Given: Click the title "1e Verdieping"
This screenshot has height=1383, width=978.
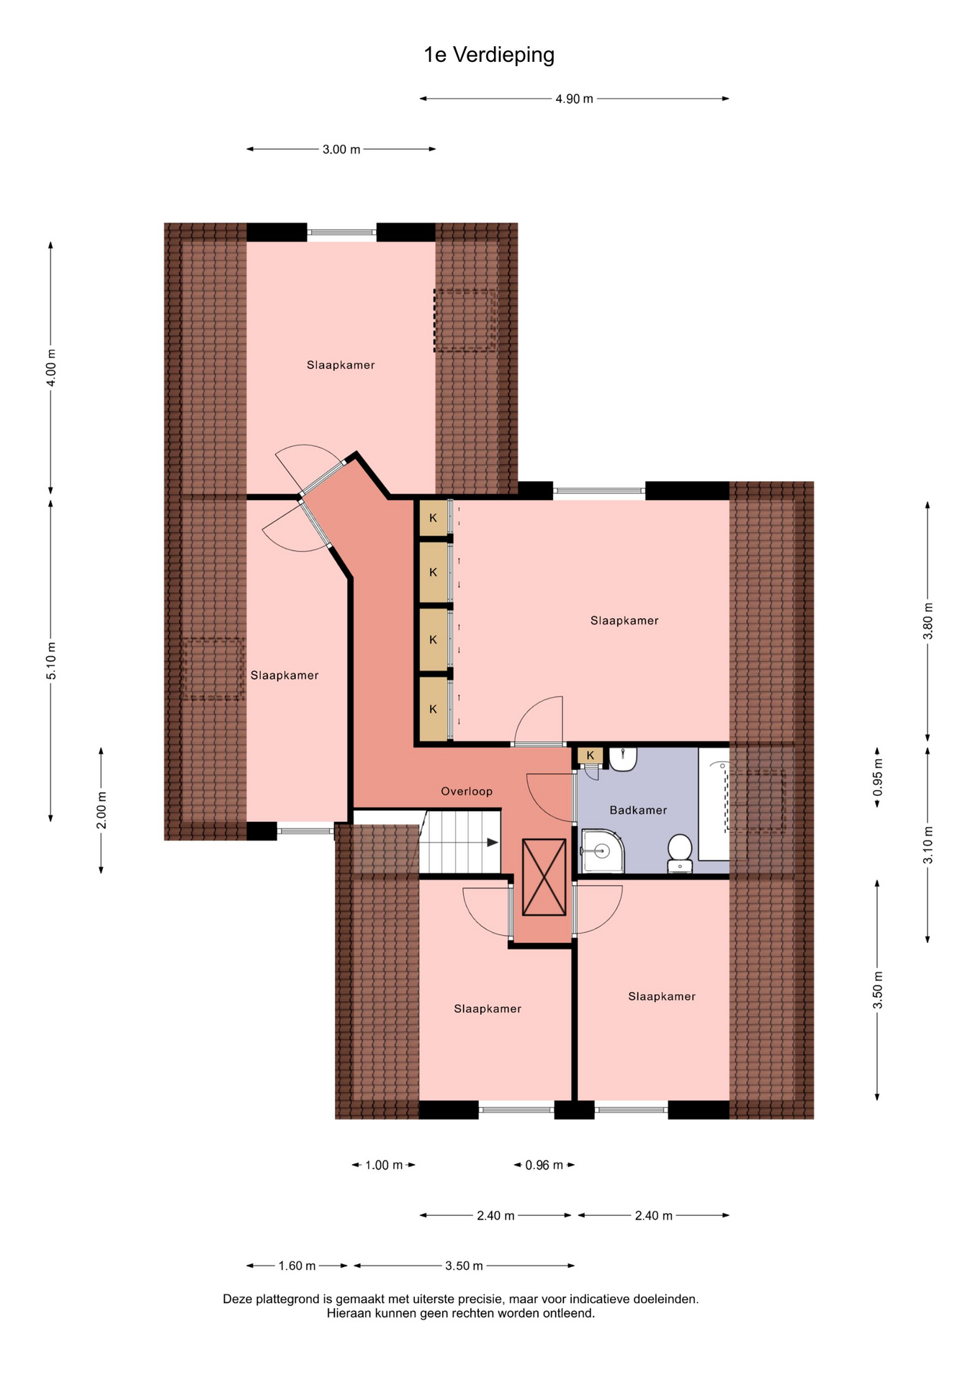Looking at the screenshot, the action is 489,55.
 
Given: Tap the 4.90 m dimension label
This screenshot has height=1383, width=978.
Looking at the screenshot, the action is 574,99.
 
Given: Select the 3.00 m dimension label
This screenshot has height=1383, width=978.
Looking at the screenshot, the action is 341,150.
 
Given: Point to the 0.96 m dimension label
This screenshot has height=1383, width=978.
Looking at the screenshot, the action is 544,1165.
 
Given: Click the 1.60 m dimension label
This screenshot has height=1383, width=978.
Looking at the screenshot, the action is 297,1266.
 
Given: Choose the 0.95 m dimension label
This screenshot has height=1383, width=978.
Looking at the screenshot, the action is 877,778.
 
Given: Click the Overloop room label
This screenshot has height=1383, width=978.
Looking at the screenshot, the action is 467,792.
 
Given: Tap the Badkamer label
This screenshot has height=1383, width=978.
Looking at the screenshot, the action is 638,810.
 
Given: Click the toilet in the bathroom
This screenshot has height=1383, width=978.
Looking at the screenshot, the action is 680,854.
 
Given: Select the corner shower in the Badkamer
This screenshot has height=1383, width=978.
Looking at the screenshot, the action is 602,851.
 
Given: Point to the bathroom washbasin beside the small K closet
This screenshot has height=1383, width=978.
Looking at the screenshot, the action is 623,759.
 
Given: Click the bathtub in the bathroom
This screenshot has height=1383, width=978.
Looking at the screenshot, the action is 714,804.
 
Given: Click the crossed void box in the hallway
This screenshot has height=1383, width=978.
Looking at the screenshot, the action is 544,877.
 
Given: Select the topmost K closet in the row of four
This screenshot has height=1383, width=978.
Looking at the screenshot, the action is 434,518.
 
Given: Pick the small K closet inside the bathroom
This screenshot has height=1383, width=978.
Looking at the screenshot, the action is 591,756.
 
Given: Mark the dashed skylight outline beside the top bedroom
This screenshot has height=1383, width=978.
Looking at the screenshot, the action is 465,321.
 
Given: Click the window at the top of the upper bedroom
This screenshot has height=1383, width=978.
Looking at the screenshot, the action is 342,232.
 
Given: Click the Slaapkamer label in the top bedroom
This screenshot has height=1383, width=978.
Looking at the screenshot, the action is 341,365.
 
